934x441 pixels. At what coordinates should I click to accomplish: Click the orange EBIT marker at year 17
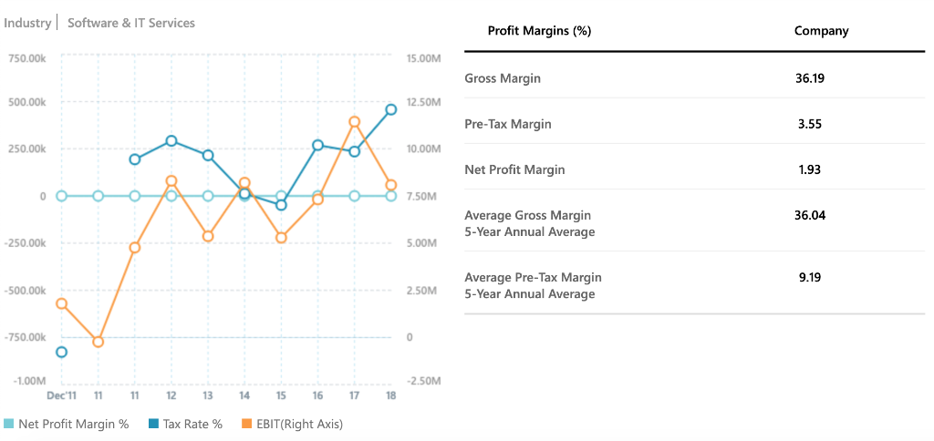tap(354, 122)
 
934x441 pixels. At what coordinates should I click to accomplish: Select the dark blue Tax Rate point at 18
tap(390, 109)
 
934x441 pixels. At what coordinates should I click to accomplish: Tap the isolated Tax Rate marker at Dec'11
tap(61, 352)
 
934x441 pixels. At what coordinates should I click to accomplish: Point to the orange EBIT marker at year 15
tap(281, 237)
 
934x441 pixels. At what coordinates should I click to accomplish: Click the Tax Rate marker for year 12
tap(171, 141)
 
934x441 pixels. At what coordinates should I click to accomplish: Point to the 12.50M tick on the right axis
tap(423, 102)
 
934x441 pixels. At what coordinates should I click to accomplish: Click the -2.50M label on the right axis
tap(423, 380)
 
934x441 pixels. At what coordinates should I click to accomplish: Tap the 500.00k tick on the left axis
tap(26, 102)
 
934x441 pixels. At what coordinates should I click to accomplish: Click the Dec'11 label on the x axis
tap(61, 395)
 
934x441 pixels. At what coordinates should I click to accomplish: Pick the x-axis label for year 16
tap(317, 395)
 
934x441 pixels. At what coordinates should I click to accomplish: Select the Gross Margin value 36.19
tap(809, 78)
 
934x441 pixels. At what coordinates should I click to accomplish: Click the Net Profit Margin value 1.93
tap(809, 169)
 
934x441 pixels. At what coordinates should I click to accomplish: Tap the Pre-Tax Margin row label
tap(507, 124)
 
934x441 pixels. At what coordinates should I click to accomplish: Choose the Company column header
tap(821, 31)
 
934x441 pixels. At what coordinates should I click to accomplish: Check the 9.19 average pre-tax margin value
tap(809, 277)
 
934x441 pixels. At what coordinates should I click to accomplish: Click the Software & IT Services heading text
tap(131, 23)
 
